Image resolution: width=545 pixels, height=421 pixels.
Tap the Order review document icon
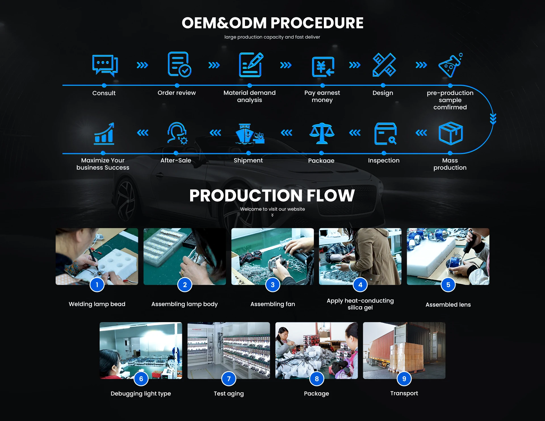click(x=179, y=64)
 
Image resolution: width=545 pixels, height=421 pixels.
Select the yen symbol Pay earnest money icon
click(x=323, y=67)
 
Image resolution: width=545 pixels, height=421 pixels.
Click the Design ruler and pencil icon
click(x=384, y=65)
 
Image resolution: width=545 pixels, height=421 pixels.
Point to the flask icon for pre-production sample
click(x=450, y=65)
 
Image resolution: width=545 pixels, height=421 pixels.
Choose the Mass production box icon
click(x=450, y=133)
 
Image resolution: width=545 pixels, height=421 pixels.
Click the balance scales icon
click(x=322, y=133)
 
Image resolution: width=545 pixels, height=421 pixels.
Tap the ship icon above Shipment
click(x=249, y=134)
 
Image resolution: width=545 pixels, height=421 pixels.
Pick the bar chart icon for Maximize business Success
click(x=104, y=134)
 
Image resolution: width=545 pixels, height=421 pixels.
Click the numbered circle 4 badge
click(x=360, y=285)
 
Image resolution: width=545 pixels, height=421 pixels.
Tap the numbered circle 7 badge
click(x=229, y=379)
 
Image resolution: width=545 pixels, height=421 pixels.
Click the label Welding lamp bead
click(x=97, y=304)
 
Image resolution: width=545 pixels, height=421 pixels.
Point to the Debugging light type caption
click(x=141, y=393)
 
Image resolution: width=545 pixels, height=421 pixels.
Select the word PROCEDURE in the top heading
click(x=317, y=23)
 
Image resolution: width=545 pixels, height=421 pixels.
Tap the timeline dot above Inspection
click(x=384, y=153)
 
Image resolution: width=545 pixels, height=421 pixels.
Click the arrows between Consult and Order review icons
click(x=142, y=65)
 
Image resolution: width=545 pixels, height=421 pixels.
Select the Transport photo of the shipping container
click(x=404, y=350)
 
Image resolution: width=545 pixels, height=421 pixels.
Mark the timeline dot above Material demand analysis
click(x=250, y=86)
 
